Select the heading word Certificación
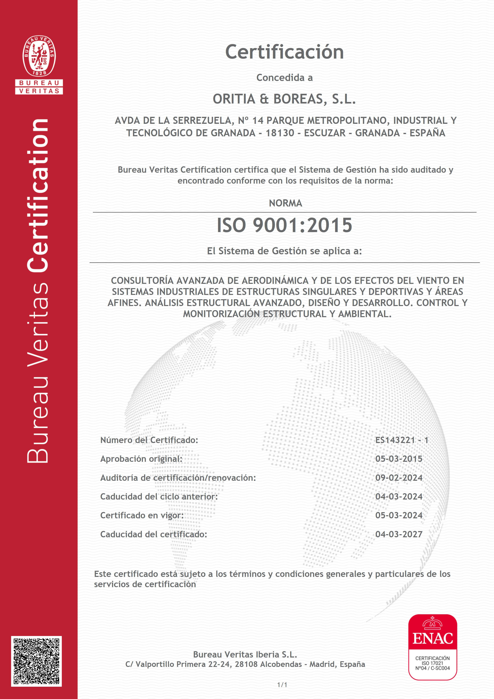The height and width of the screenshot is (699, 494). (284, 52)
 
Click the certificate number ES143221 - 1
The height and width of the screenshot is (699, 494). (401, 440)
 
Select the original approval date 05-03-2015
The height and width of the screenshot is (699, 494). (399, 459)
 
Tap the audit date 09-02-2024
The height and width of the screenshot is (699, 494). (399, 478)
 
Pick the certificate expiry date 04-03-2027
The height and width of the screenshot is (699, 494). (399, 534)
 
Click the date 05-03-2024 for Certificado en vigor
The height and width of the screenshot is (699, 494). (399, 515)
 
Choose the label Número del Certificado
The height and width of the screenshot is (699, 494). (149, 440)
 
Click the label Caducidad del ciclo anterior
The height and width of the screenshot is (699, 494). (159, 497)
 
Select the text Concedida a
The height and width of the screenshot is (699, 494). (284, 78)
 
